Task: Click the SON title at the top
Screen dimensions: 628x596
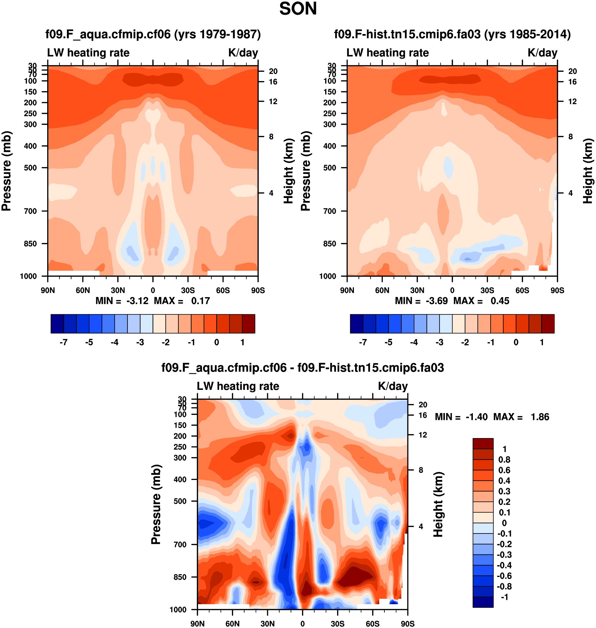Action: [x=298, y=9]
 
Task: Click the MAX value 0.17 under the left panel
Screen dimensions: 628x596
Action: [x=200, y=301]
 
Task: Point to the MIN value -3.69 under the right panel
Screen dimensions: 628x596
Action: [x=436, y=301]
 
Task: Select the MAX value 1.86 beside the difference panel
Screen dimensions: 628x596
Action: [x=540, y=417]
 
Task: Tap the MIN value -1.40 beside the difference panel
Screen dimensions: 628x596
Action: [x=476, y=417]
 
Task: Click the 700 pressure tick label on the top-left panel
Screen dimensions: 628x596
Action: [x=31, y=211]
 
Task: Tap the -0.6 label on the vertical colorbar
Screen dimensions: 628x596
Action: [x=504, y=576]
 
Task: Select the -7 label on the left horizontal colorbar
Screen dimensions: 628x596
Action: [x=64, y=342]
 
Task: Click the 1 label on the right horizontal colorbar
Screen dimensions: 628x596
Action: [x=542, y=342]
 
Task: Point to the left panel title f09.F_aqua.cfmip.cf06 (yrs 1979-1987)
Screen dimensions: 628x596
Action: [x=153, y=34]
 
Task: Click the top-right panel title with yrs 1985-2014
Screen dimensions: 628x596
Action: [x=452, y=34]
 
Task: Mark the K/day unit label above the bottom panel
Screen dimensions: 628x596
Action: [x=393, y=386]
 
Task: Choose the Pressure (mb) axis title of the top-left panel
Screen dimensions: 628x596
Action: [x=6, y=171]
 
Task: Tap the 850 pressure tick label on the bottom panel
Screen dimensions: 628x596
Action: [x=180, y=577]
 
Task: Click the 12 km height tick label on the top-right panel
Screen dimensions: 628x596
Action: [x=572, y=101]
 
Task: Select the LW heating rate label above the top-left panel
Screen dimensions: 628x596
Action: [x=88, y=53]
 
